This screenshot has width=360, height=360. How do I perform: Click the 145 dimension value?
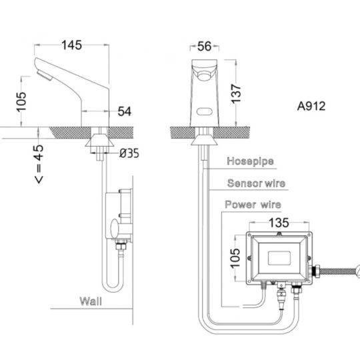click(71, 45)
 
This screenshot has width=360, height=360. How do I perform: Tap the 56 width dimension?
click(205, 46)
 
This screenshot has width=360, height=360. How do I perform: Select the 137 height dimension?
click(236, 94)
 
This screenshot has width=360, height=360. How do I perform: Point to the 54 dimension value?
click(125, 111)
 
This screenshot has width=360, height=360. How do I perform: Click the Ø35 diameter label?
click(129, 153)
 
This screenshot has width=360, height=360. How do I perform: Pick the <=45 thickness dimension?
click(39, 164)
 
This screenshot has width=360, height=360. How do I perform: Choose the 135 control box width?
click(279, 223)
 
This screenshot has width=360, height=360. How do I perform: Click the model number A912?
click(311, 106)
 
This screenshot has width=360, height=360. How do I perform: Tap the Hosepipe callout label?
click(250, 161)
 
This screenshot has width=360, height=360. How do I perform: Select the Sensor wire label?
click(256, 183)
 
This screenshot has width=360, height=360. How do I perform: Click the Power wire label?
click(253, 205)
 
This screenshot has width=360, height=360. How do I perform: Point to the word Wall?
click(91, 301)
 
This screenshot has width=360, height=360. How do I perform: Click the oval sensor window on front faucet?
click(205, 112)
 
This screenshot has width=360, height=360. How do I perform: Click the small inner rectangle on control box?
click(279, 257)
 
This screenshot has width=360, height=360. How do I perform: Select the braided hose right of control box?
click(338, 271)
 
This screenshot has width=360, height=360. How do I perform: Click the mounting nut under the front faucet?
click(205, 139)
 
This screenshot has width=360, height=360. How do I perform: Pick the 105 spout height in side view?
click(21, 102)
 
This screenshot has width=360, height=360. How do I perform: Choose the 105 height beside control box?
click(235, 258)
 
